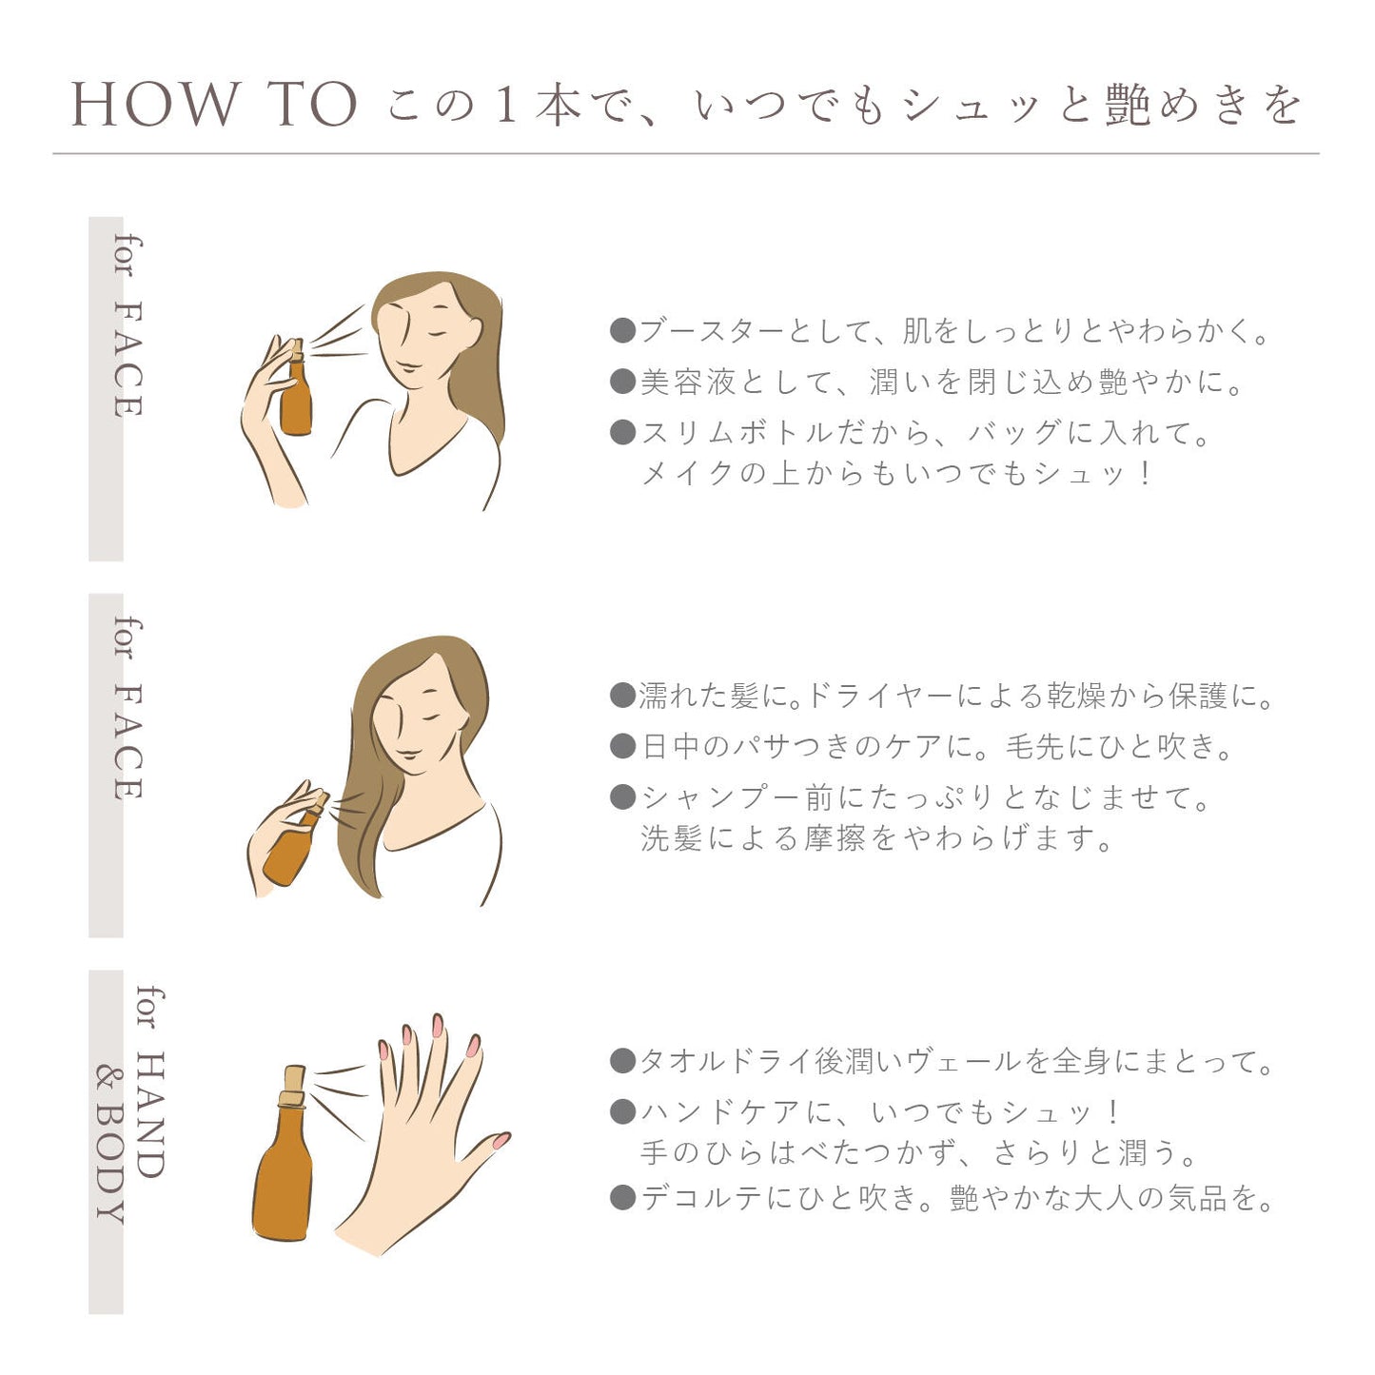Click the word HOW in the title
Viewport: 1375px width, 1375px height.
pos(155,104)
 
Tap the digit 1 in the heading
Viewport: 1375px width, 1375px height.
pos(506,104)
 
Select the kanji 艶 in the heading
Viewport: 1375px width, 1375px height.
pos(1129,104)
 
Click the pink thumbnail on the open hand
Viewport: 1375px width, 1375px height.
pos(501,1140)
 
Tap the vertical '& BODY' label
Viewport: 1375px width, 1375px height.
pos(110,1146)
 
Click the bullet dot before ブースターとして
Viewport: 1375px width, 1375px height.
pos(622,330)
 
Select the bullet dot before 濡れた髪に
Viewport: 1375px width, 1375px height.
pos(622,695)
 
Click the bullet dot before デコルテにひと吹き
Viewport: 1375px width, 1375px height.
pos(622,1198)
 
